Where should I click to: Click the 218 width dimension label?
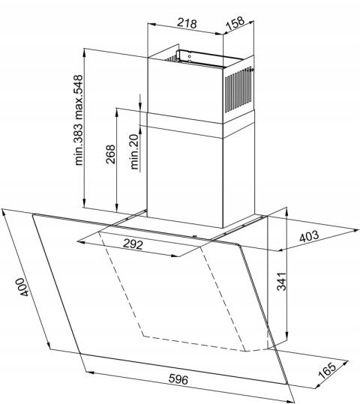click(x=187, y=23)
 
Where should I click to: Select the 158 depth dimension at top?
click(x=235, y=23)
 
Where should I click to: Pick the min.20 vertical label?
click(x=135, y=154)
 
